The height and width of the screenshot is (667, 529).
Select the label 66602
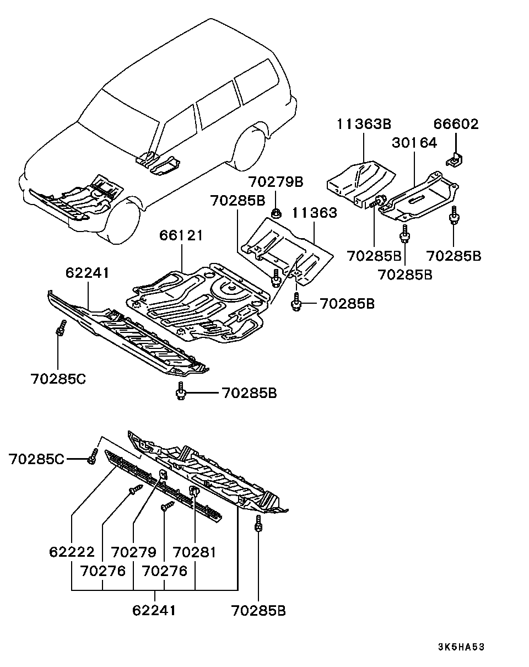[x=455, y=125]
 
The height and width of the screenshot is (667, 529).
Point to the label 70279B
[x=275, y=181]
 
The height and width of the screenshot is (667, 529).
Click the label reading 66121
[x=181, y=235]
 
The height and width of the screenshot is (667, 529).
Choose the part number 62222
[x=72, y=552]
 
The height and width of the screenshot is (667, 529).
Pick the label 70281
[x=195, y=552]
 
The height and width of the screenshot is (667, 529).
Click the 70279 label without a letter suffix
[x=133, y=552]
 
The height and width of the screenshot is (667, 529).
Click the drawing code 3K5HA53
[x=461, y=647]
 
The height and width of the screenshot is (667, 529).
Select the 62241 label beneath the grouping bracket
[x=154, y=610]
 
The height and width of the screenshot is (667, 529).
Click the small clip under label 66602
[x=454, y=160]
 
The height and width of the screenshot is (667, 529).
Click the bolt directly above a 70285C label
[x=60, y=328]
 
